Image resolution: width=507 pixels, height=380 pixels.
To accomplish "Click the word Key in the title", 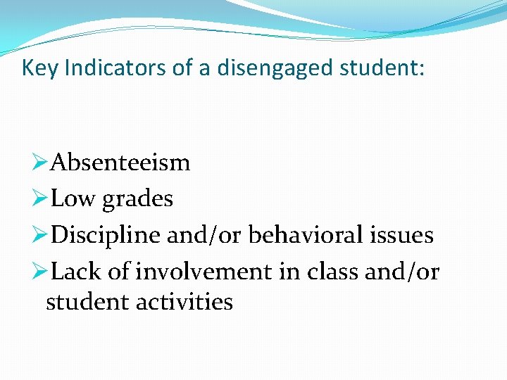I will pos(36,68).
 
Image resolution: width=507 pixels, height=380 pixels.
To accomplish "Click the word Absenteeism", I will pos(120,163).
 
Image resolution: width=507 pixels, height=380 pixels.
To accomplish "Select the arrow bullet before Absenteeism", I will pos(40,163).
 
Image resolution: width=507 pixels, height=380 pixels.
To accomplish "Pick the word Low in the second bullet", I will pos(74,199).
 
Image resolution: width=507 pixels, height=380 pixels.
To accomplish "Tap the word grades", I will pos(137,200).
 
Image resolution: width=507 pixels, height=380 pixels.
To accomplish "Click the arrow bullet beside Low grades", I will pos(40,199).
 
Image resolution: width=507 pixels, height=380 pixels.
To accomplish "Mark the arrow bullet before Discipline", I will pos(40,235).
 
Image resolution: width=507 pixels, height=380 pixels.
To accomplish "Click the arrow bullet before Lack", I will pos(40,271).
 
